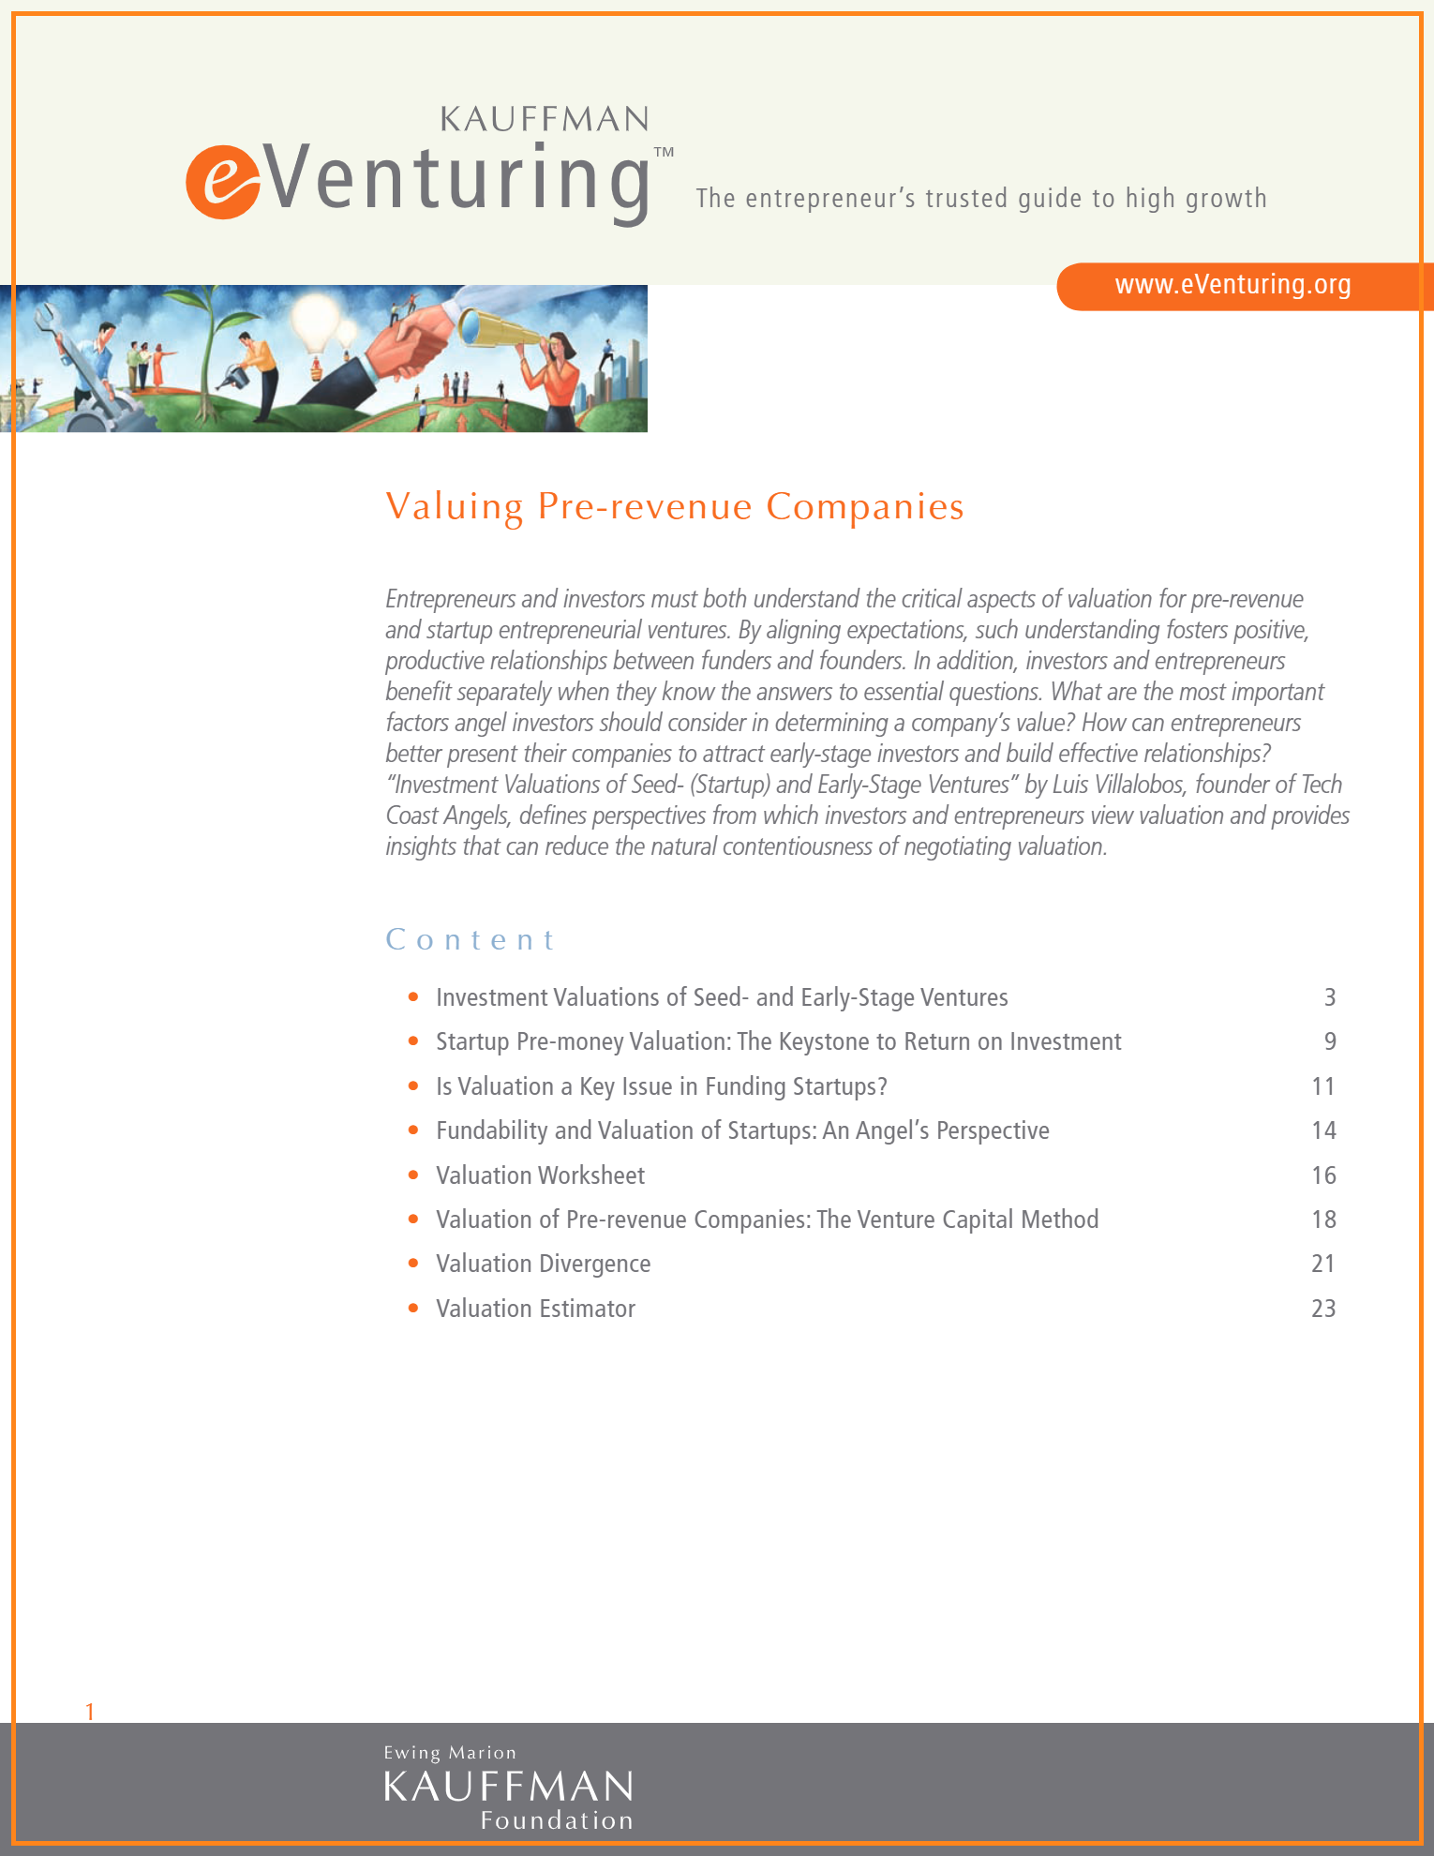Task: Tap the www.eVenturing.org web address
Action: click(1232, 285)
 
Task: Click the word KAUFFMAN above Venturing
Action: click(545, 120)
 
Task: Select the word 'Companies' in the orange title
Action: click(864, 506)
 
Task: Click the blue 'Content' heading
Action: click(471, 939)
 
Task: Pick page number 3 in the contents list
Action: click(1329, 997)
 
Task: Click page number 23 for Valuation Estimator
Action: click(1322, 1309)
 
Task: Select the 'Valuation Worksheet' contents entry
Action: click(540, 1175)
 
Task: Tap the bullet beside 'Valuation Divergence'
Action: click(413, 1264)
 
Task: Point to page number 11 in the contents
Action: click(1322, 1086)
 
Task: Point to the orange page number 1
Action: click(90, 1712)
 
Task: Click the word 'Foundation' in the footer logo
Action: click(557, 1820)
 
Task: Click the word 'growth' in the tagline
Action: click(1226, 200)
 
